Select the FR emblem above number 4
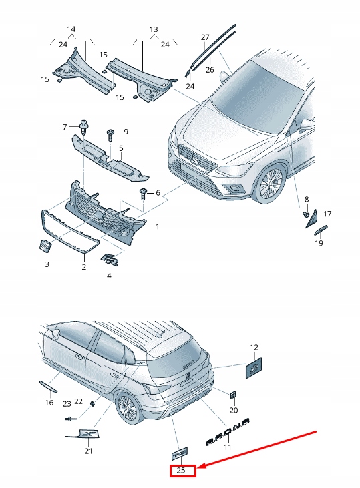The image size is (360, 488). [110, 260]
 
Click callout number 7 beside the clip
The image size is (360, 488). [65, 126]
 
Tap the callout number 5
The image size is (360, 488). [121, 148]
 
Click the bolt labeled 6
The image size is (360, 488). [142, 194]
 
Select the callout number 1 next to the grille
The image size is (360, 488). [158, 226]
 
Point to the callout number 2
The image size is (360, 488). [84, 267]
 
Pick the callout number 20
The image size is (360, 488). [233, 410]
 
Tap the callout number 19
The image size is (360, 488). [319, 244]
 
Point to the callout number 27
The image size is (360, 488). [205, 37]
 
